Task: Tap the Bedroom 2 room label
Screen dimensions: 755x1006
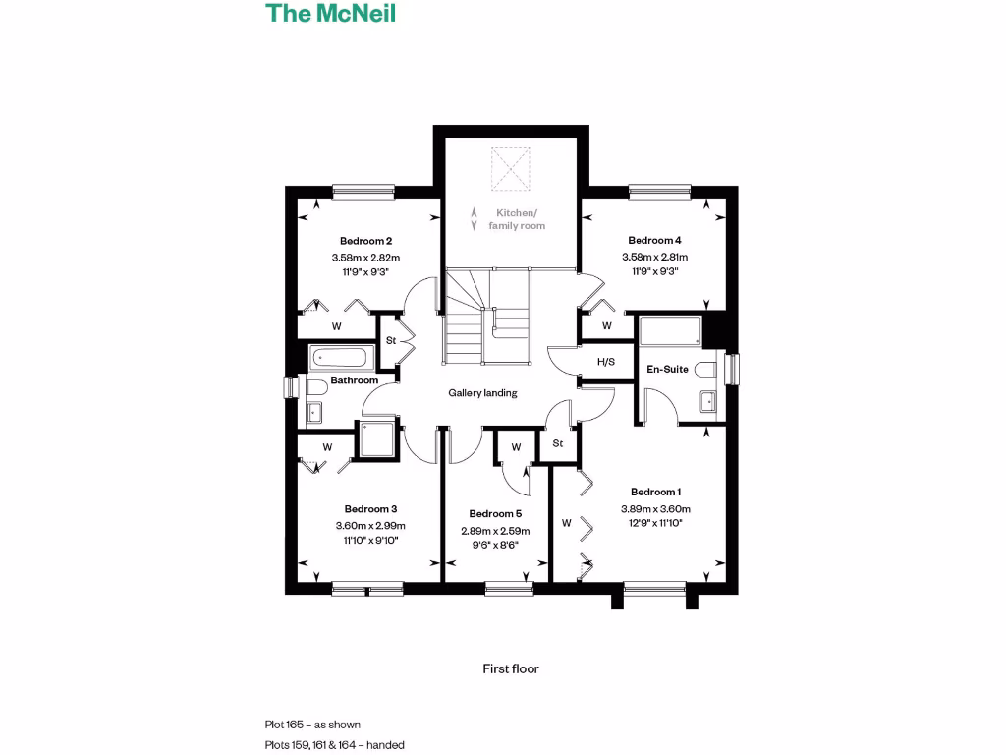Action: pyautogui.click(x=366, y=241)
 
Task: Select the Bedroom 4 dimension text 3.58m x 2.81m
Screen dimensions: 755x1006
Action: pyautogui.click(x=654, y=257)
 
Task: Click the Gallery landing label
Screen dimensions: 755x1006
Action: pyautogui.click(x=482, y=393)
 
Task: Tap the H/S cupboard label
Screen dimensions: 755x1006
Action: pyautogui.click(x=606, y=362)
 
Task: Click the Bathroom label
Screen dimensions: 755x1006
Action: pyautogui.click(x=354, y=380)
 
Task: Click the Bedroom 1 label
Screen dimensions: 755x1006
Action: pyautogui.click(x=655, y=492)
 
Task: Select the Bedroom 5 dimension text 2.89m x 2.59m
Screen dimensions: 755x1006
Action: pyautogui.click(x=495, y=531)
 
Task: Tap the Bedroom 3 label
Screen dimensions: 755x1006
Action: pyautogui.click(x=370, y=509)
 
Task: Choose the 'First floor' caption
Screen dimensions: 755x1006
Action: pyautogui.click(x=511, y=668)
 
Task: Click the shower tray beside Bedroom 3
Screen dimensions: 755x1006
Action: pyautogui.click(x=376, y=441)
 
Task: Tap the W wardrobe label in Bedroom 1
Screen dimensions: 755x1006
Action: pyautogui.click(x=566, y=523)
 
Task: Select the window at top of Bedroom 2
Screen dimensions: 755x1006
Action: pyautogui.click(x=363, y=192)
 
